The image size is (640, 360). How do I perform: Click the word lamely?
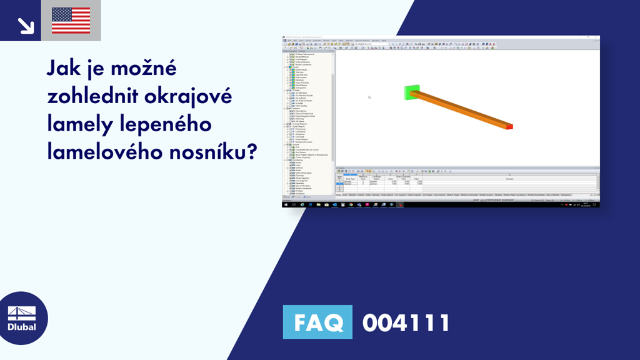[x=80, y=124]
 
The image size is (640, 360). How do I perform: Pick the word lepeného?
[x=166, y=124]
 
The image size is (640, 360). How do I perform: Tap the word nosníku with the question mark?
[x=209, y=152]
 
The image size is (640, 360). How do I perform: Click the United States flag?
[x=71, y=21]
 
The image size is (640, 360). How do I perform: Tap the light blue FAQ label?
[x=317, y=322]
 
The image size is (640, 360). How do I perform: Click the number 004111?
[x=406, y=322]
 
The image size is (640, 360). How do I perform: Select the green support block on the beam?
[x=410, y=93]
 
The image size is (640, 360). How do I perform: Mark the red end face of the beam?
[x=509, y=127]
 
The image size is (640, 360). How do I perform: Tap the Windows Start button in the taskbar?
[x=286, y=204]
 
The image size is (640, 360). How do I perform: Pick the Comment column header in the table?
[x=509, y=179]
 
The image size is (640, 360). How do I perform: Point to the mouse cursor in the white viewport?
[x=369, y=97]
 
